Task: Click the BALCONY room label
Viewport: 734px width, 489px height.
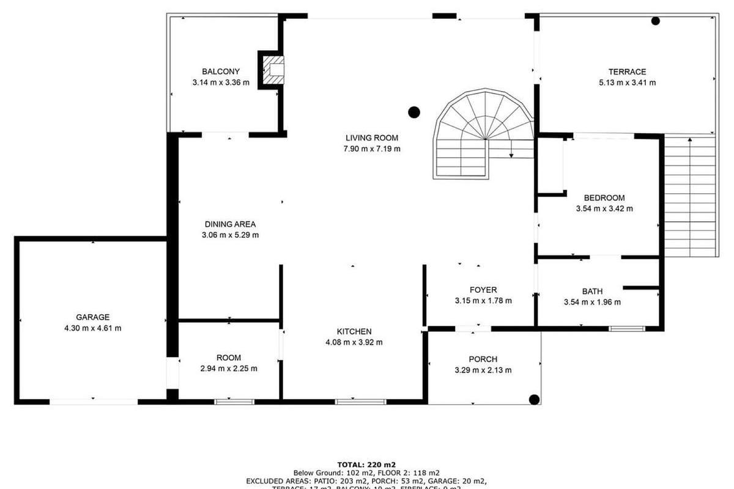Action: [221, 72]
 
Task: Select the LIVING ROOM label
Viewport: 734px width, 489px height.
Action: [371, 138]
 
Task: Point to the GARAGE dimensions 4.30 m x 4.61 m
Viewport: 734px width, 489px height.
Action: [92, 328]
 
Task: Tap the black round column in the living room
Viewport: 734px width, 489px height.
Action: [414, 112]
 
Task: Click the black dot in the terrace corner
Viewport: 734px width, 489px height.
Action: [656, 21]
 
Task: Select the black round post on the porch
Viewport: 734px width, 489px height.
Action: [534, 400]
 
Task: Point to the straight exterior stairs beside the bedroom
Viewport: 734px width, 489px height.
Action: [689, 196]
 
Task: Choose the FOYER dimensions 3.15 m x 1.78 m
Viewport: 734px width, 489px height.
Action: [483, 301]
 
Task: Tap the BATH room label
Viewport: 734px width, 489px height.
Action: [591, 291]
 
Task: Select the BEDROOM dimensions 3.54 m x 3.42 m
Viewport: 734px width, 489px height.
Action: [604, 208]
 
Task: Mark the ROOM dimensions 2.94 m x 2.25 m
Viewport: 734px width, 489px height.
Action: [228, 369]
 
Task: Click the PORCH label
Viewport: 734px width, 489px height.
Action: [483, 359]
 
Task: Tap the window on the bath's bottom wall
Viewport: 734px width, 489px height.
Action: [627, 329]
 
